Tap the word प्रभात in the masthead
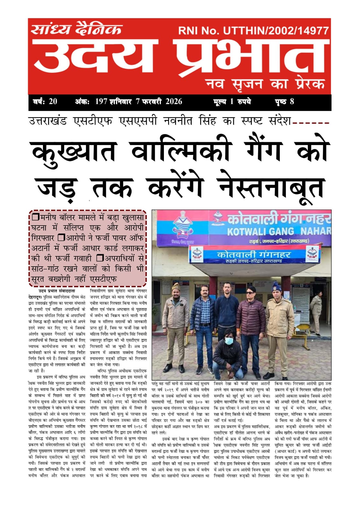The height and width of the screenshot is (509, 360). click(x=251, y=57)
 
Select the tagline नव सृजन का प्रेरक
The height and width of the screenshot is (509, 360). click(x=265, y=84)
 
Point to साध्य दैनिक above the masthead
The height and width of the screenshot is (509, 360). click(x=76, y=30)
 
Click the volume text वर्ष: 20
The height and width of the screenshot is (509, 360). click(x=45, y=101)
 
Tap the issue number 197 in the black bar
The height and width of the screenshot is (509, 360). click(x=101, y=101)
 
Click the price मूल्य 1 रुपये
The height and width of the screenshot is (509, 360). click(x=232, y=101)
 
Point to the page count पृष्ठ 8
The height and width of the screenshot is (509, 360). click(x=284, y=101)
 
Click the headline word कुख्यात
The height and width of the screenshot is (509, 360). click(x=75, y=152)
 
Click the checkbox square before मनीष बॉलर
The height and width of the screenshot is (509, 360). click(x=36, y=218)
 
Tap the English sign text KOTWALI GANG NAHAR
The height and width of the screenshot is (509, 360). click(x=279, y=231)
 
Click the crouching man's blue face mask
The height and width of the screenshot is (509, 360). click(x=229, y=341)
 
